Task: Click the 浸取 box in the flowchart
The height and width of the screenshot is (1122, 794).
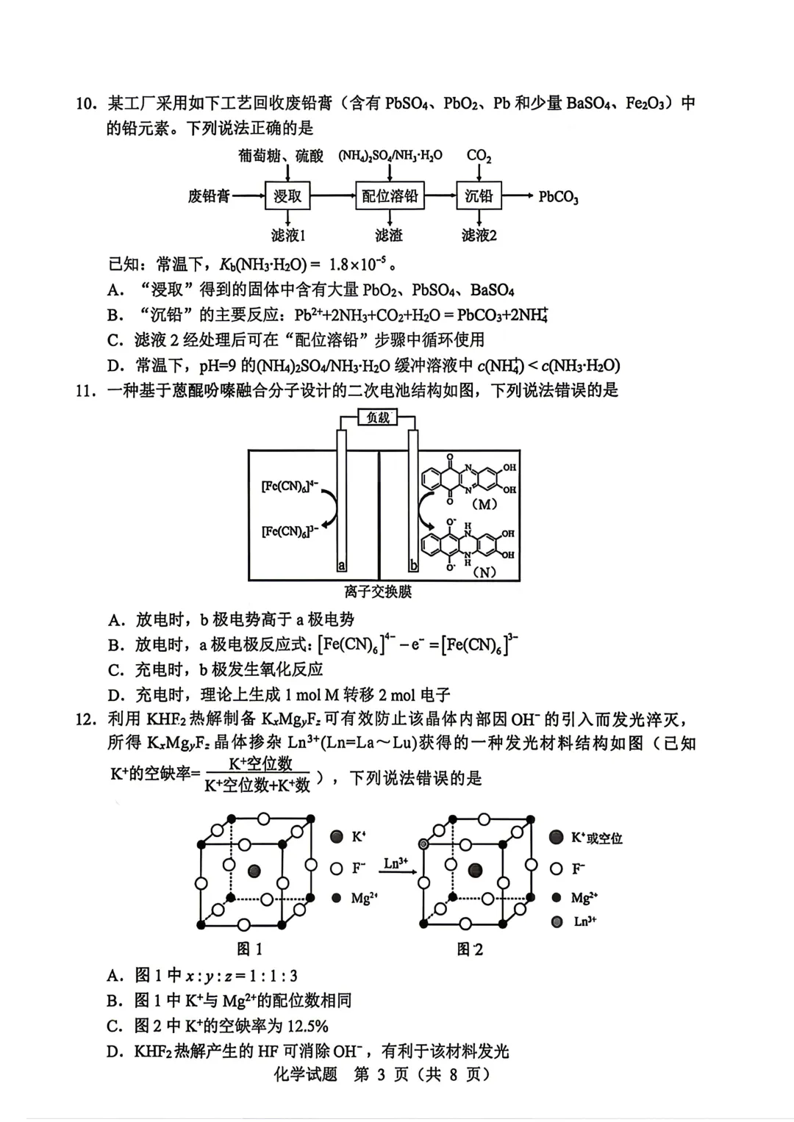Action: pyautogui.click(x=287, y=196)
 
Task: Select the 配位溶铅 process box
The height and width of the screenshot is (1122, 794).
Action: pyautogui.click(x=390, y=196)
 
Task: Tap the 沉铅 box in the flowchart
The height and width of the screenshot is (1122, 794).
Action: pyautogui.click(x=479, y=196)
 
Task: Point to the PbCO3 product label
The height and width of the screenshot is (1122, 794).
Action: pyautogui.click(x=559, y=197)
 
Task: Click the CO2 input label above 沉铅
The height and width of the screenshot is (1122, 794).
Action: pyautogui.click(x=479, y=156)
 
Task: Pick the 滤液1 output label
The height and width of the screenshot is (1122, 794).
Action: pyautogui.click(x=287, y=235)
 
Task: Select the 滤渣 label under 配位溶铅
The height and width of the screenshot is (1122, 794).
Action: pyautogui.click(x=389, y=235)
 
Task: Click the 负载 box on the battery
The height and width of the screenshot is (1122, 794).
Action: pyautogui.click(x=378, y=418)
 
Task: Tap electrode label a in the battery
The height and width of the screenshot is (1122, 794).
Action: pyautogui.click(x=341, y=565)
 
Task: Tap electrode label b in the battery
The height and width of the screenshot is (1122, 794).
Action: pyautogui.click(x=414, y=565)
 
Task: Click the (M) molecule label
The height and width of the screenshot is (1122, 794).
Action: pyautogui.click(x=484, y=504)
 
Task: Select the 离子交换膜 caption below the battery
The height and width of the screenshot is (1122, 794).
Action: pyautogui.click(x=378, y=591)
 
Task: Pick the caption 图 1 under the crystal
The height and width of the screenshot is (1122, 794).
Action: pyautogui.click(x=249, y=949)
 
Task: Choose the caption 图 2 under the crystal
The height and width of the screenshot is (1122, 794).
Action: pyautogui.click(x=470, y=949)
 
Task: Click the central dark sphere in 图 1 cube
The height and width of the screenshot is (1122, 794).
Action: pyautogui.click(x=254, y=871)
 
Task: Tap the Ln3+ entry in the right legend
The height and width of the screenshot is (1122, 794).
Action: pyautogui.click(x=584, y=921)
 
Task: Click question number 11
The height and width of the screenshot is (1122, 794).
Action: pyautogui.click(x=86, y=390)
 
